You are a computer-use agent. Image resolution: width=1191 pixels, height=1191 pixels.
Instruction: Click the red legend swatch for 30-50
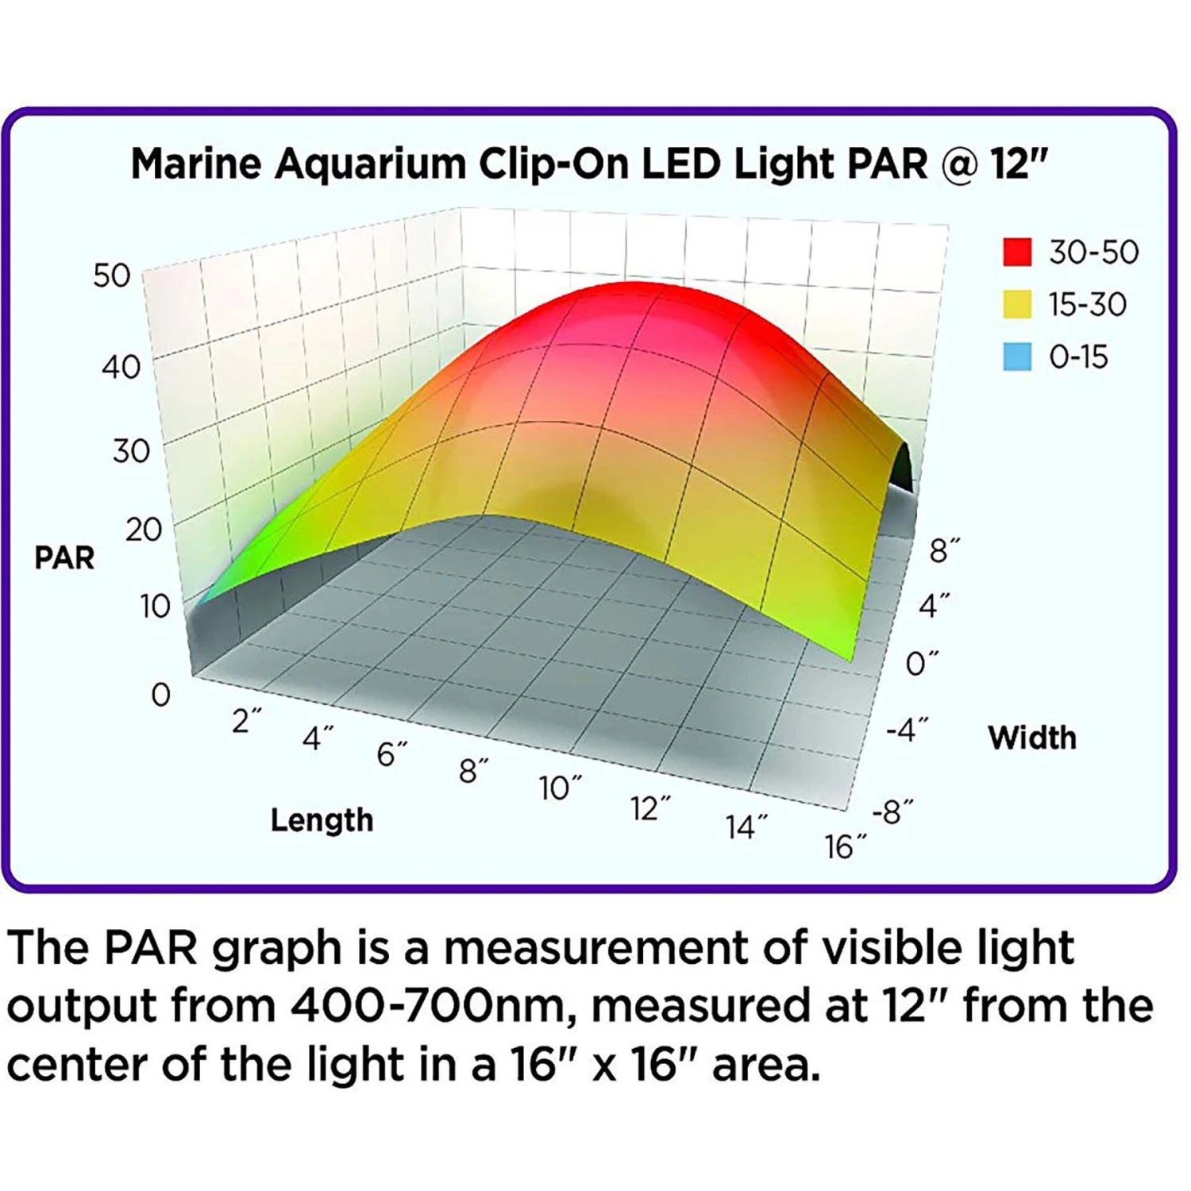tap(1017, 252)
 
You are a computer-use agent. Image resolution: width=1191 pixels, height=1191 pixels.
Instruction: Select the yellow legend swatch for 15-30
tap(1017, 304)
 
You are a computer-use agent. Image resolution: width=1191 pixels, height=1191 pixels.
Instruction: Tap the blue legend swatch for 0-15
tap(1017, 357)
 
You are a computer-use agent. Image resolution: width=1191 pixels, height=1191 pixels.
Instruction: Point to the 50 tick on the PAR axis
tap(112, 276)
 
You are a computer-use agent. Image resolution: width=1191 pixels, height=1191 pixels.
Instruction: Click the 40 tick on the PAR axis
tap(121, 367)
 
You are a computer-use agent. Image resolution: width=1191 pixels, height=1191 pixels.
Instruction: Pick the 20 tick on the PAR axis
tap(144, 529)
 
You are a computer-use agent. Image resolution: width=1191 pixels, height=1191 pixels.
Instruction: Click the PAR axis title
tap(64, 557)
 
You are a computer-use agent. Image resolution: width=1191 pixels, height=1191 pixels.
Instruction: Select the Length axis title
tap(322, 820)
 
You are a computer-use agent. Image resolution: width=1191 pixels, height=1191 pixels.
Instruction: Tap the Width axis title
tap(1032, 738)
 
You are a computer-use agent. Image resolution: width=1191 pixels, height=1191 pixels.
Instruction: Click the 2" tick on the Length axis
tap(246, 721)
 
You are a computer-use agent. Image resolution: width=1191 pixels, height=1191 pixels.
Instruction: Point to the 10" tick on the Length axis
tap(560, 788)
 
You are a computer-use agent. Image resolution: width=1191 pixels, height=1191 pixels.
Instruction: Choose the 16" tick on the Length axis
tap(846, 847)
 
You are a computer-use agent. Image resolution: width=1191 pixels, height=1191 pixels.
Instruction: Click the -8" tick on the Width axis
tap(892, 812)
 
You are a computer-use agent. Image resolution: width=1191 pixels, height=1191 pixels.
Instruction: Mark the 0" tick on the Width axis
tap(922, 663)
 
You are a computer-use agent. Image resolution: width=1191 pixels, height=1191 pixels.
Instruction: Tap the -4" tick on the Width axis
tap(907, 729)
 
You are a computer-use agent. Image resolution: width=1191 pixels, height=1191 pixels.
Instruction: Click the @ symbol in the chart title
tap(959, 164)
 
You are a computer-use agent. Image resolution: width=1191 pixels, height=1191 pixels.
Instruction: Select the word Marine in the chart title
tap(195, 164)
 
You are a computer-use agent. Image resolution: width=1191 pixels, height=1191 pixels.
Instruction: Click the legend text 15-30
tap(1087, 304)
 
